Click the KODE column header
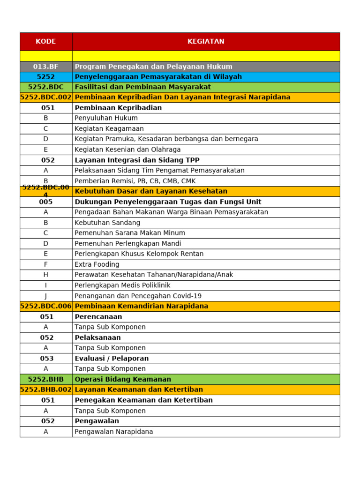pyautogui.click(x=45, y=41)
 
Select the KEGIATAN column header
pyautogui.click(x=206, y=41)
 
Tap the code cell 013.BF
pyautogui.click(x=45, y=67)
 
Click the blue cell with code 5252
pyautogui.click(x=45, y=77)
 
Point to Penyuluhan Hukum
pyautogui.click(x=106, y=118)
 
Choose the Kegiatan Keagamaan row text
pyautogui.click(x=109, y=128)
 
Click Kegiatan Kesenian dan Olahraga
pyautogui.click(x=127, y=150)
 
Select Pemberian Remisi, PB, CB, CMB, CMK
pyautogui.click(x=135, y=181)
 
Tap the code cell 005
pyautogui.click(x=45, y=202)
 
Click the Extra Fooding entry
pyautogui.click(x=97, y=264)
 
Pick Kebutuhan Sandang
pyautogui.click(x=107, y=223)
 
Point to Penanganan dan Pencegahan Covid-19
pyautogui.click(x=138, y=296)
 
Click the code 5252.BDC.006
pyautogui.click(x=45, y=306)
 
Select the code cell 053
pyautogui.click(x=45, y=359)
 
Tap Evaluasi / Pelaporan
pyautogui.click(x=112, y=359)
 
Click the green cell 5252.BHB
pyautogui.click(x=45, y=379)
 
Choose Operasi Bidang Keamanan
pyautogui.click(x=123, y=379)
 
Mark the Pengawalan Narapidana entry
pyautogui.click(x=113, y=432)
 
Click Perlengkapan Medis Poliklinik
pyautogui.click(x=122, y=285)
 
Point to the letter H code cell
pyautogui.click(x=45, y=275)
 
